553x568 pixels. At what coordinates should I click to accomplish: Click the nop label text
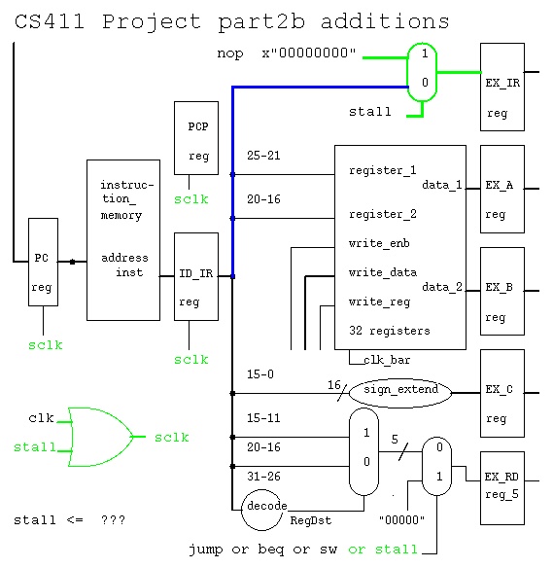coord(230,53)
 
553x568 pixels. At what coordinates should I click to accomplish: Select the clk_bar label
coord(387,360)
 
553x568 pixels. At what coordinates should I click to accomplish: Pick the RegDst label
coord(311,521)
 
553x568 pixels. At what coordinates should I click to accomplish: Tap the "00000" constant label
coord(401,519)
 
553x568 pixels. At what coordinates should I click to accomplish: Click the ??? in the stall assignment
coord(114,520)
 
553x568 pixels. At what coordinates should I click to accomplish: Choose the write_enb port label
coord(379,243)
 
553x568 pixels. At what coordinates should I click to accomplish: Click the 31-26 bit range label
coord(263,476)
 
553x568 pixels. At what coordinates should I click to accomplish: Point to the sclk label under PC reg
coord(46,345)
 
